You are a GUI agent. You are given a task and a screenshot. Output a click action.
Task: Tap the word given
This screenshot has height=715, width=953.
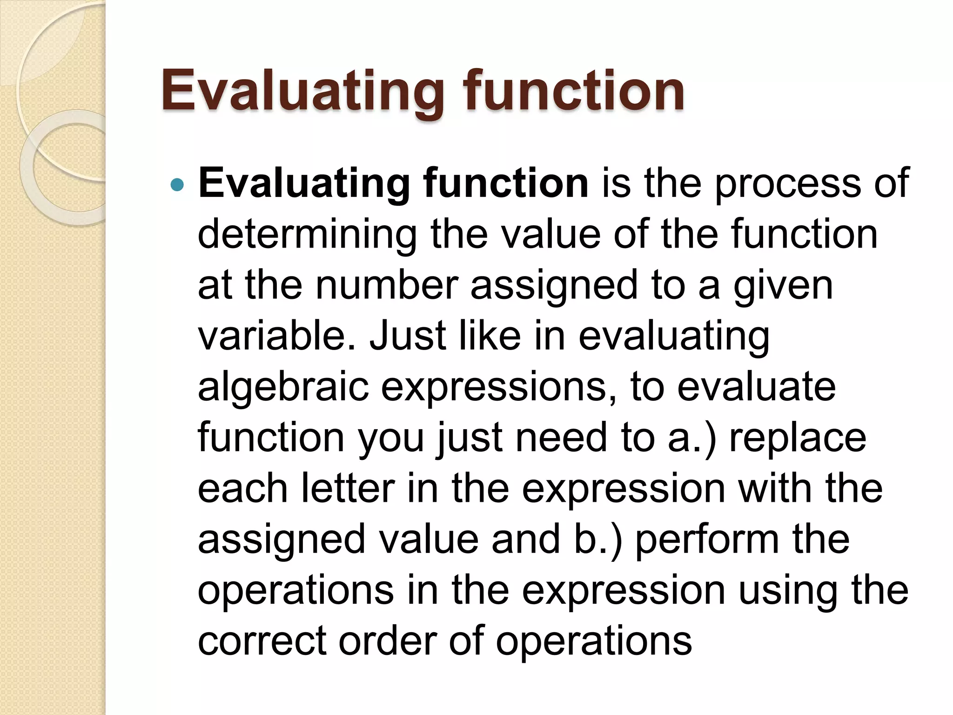click(783, 286)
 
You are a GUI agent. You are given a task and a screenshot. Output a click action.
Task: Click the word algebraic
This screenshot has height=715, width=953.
click(283, 387)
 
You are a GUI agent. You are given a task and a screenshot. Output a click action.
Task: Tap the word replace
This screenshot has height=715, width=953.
click(798, 438)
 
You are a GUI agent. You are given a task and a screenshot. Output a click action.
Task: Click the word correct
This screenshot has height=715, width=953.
click(262, 641)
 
